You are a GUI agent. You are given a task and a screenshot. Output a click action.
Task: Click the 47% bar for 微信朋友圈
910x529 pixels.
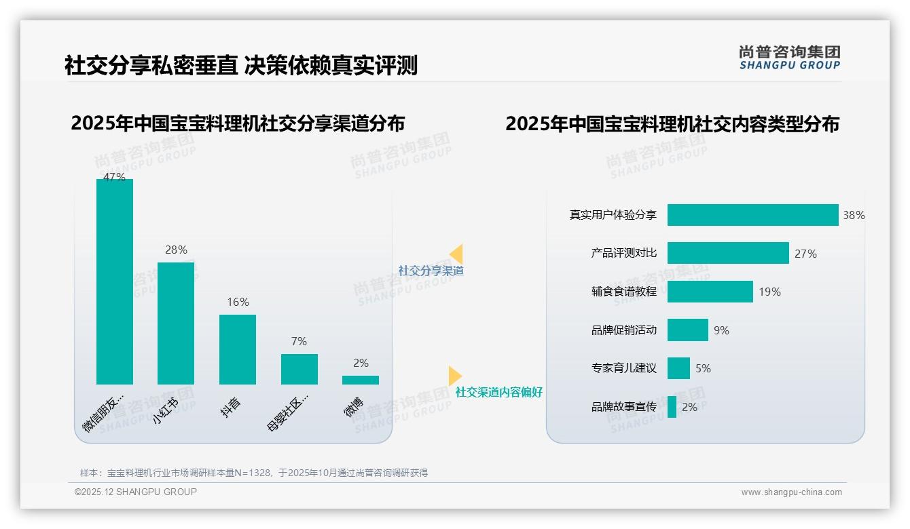pyautogui.click(x=115, y=281)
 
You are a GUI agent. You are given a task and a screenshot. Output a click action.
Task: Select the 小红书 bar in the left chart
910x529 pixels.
pyautogui.click(x=176, y=324)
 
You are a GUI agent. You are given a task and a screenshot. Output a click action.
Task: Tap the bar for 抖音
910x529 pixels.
pyautogui.click(x=238, y=349)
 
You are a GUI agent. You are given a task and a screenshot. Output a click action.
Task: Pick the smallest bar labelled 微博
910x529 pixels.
pyautogui.click(x=361, y=380)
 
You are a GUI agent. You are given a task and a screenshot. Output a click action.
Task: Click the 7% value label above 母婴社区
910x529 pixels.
pyautogui.click(x=299, y=341)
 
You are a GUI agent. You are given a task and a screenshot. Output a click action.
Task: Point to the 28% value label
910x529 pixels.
pyautogui.click(x=176, y=250)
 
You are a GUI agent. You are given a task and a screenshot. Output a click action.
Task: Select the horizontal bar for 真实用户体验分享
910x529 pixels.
pyautogui.click(x=752, y=215)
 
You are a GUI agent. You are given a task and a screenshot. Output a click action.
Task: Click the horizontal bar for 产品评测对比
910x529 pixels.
pyautogui.click(x=728, y=253)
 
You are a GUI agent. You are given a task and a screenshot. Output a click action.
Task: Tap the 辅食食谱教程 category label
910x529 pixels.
pyautogui.click(x=624, y=292)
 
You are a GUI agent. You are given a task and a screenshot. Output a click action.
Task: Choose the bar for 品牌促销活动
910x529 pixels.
pyautogui.click(x=687, y=330)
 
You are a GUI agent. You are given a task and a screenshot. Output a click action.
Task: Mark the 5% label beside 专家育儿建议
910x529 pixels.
pyautogui.click(x=703, y=368)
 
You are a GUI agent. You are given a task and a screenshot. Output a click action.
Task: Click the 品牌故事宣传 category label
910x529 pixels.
pyautogui.click(x=624, y=407)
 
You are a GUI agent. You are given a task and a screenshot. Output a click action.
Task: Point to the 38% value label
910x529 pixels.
pyautogui.click(x=854, y=215)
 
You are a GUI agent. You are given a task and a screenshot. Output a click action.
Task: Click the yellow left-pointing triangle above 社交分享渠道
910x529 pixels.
pyautogui.click(x=456, y=254)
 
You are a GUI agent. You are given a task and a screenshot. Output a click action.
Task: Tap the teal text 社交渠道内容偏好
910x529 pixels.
pyautogui.click(x=498, y=392)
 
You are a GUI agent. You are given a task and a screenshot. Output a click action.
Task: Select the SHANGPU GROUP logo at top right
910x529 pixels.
pyautogui.click(x=789, y=58)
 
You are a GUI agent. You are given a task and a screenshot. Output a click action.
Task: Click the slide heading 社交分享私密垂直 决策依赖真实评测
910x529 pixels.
pyautogui.click(x=241, y=65)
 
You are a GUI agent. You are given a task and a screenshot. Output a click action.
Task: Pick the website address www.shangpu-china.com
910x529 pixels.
pyautogui.click(x=791, y=492)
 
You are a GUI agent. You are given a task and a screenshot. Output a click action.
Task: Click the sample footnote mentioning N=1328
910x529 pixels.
pyautogui.click(x=254, y=473)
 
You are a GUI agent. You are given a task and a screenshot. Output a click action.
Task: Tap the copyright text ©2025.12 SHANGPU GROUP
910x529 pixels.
pyautogui.click(x=136, y=492)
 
